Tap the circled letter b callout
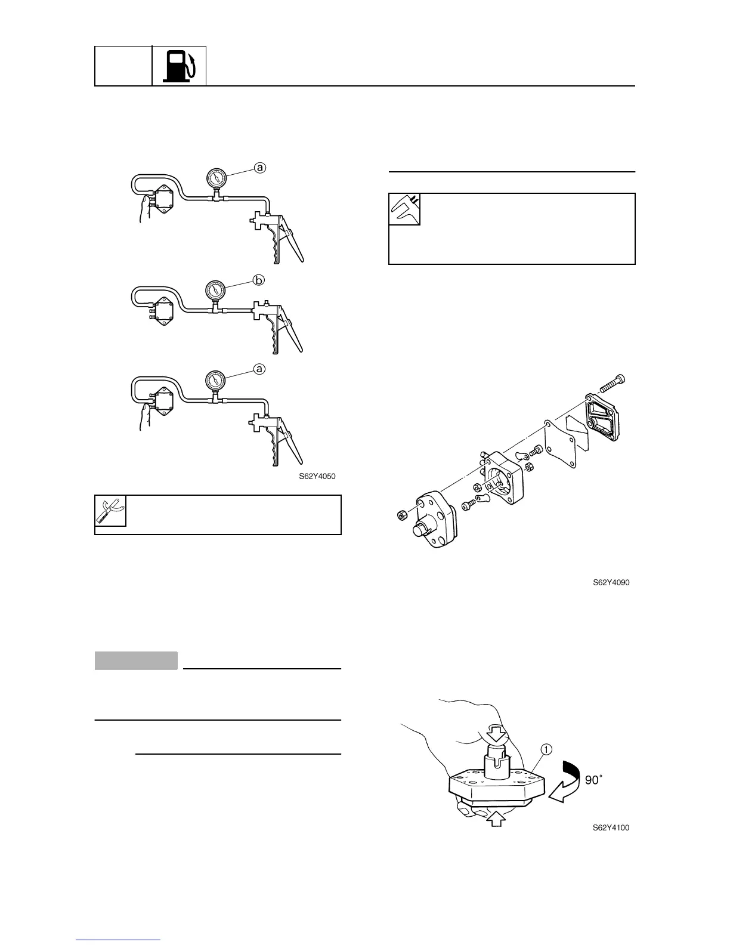click(259, 280)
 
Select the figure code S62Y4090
click(611, 582)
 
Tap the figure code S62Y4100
click(611, 827)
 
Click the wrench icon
click(111, 511)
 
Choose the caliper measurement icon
click(404, 209)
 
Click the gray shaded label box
click(136, 661)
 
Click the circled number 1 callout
click(546, 749)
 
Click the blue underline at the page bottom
click(118, 939)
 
